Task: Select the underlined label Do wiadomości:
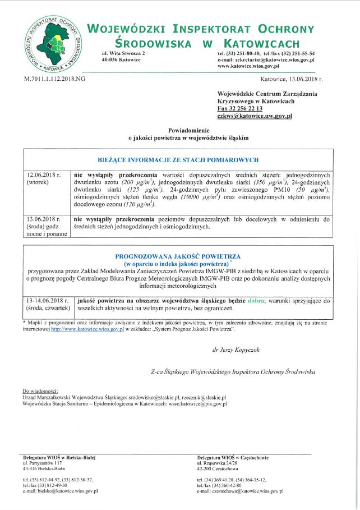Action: [x=44, y=391]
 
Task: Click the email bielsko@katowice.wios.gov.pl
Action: [x=61, y=491]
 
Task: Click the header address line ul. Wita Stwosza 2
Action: [x=123, y=53]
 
